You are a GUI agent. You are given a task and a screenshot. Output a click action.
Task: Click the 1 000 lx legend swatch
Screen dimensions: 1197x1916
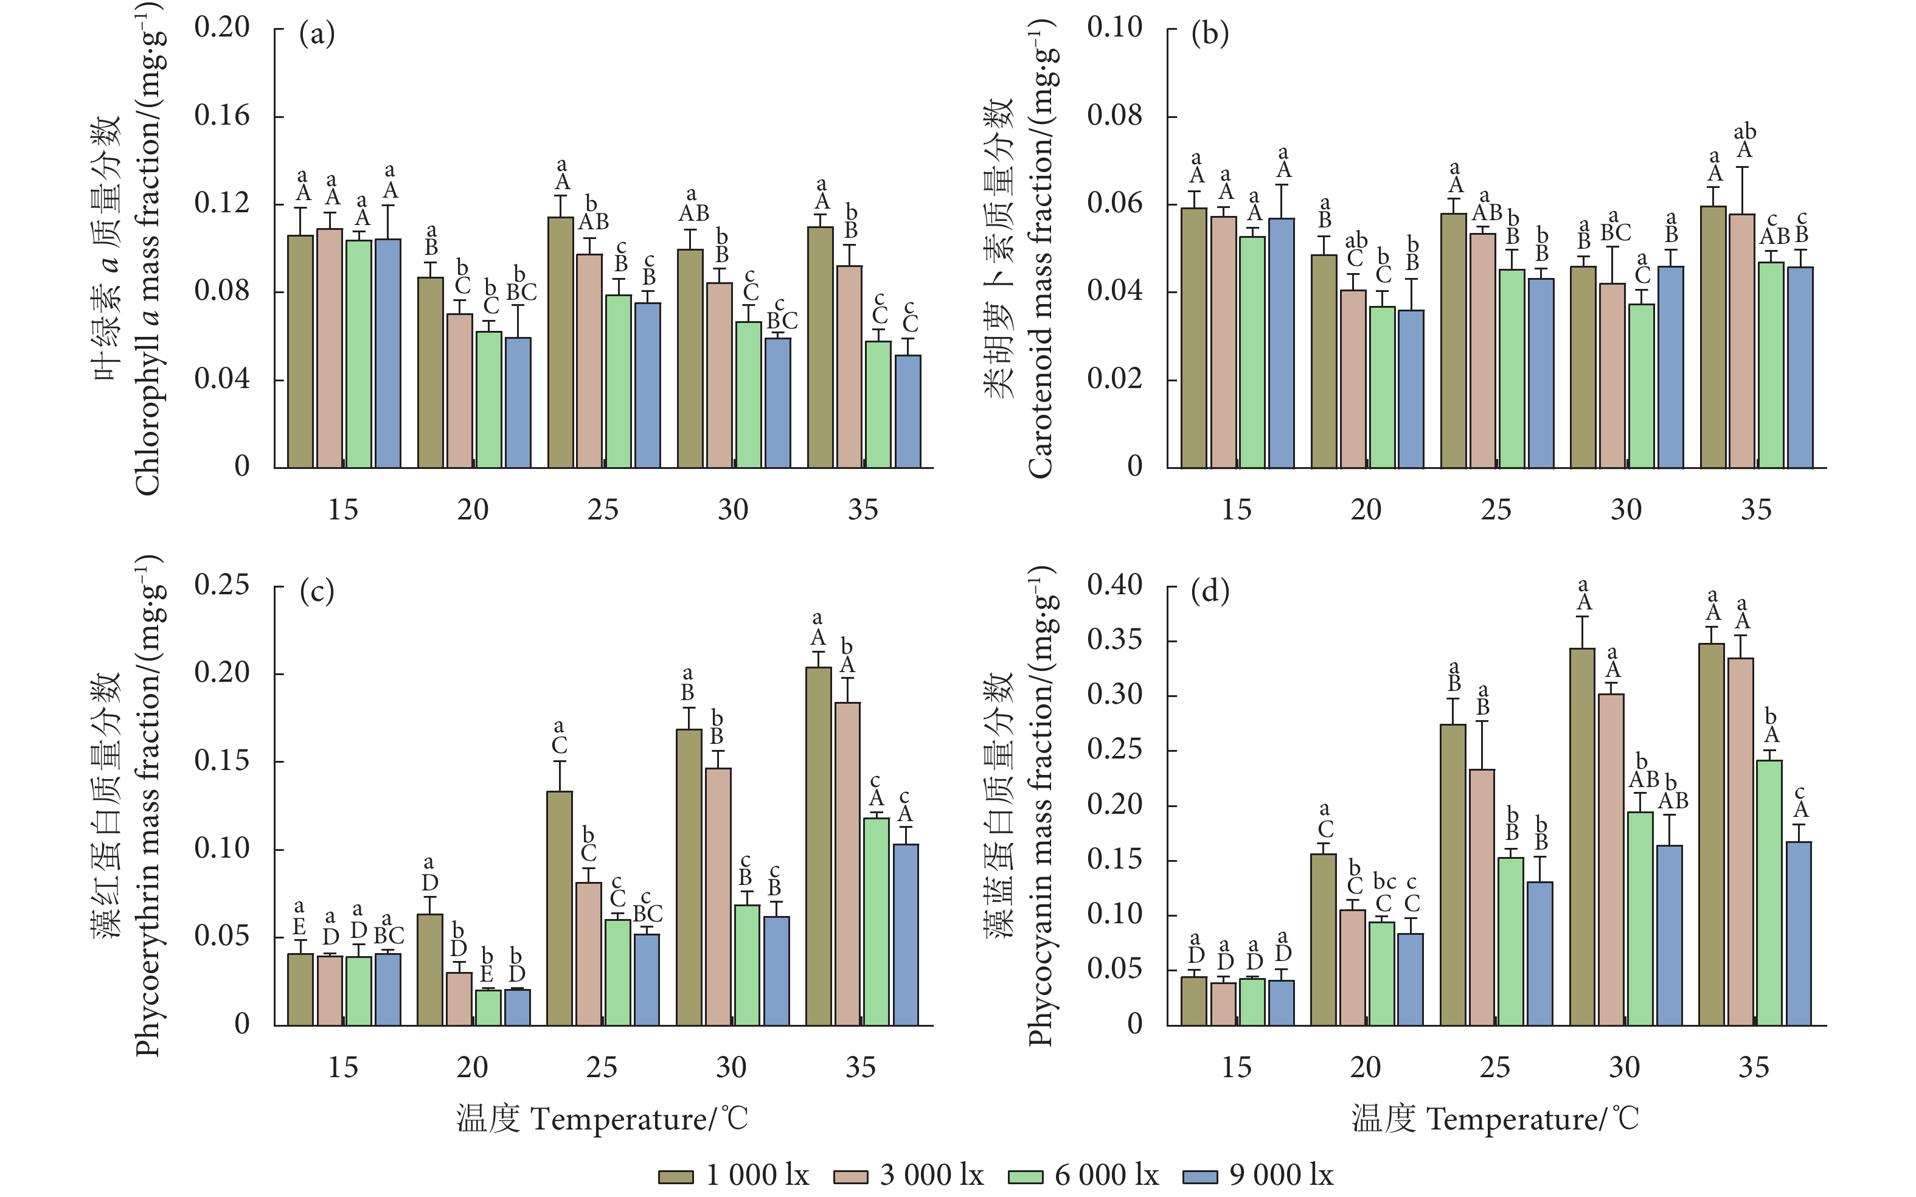click(x=675, y=1177)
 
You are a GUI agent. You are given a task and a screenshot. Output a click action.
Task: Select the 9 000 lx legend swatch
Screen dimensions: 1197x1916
click(x=1199, y=1177)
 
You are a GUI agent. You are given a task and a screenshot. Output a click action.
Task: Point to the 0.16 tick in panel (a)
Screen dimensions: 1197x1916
click(x=221, y=116)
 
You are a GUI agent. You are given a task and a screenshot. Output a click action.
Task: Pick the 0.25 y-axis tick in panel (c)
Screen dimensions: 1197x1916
click(x=221, y=586)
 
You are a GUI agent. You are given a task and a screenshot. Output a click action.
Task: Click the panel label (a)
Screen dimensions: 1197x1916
click(x=317, y=34)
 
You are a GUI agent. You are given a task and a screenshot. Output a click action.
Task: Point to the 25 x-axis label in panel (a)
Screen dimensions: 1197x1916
click(x=603, y=510)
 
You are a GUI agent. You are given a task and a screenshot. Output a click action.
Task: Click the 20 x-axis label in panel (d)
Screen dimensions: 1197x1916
click(x=1366, y=1068)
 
